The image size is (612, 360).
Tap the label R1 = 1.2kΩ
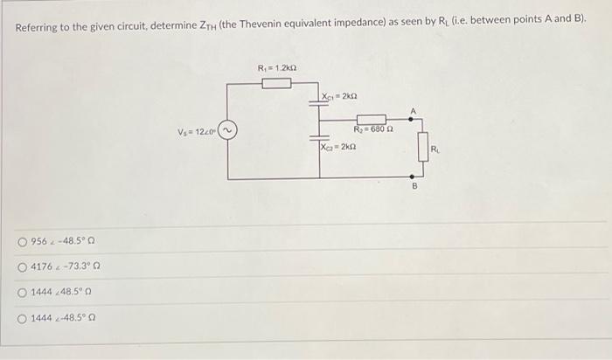coord(277,67)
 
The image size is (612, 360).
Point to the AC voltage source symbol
coord(228,132)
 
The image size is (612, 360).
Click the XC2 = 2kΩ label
coord(341,148)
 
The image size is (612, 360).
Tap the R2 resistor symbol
coord(371,119)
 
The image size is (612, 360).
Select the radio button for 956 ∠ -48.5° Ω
coord(22,241)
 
